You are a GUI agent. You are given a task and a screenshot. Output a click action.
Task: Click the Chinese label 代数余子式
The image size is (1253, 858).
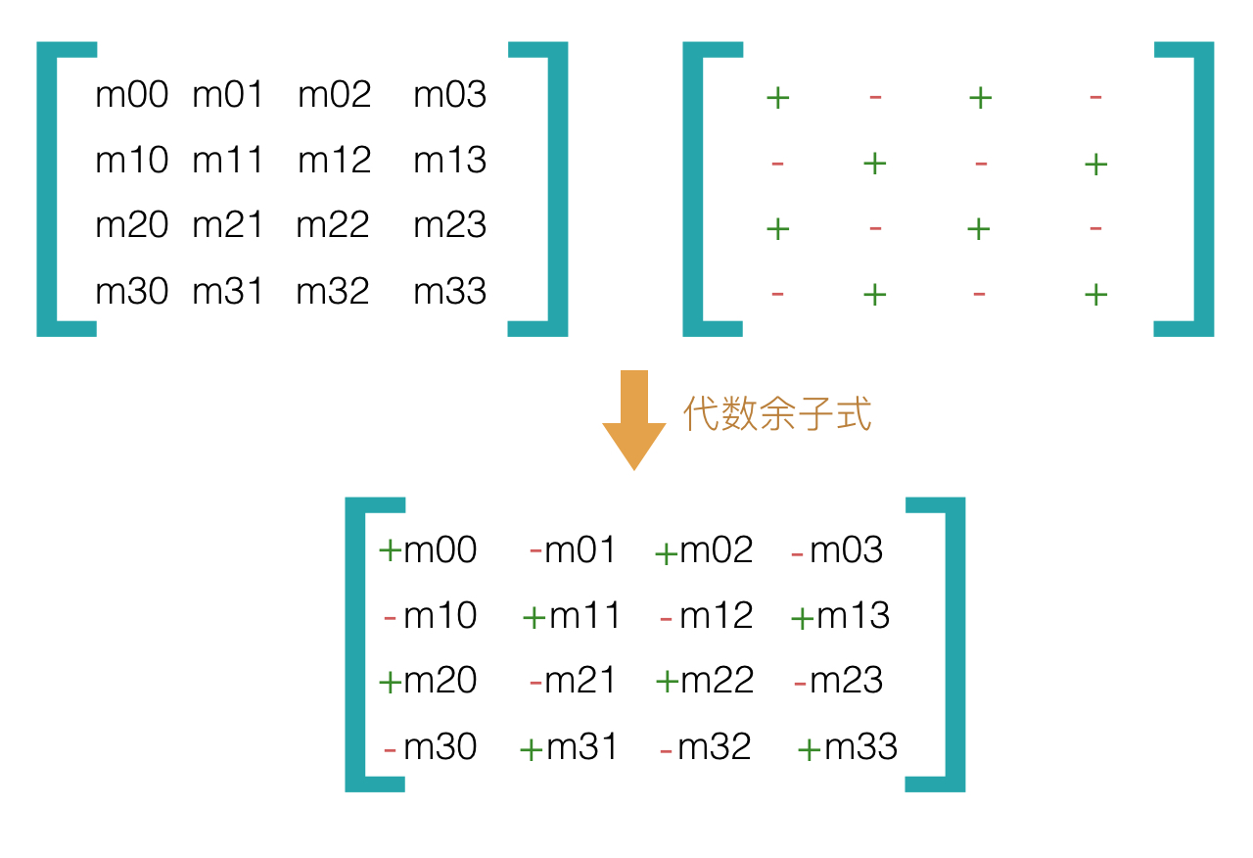click(x=776, y=414)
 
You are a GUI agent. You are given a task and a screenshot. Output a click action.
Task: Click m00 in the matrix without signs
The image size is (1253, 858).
click(x=131, y=95)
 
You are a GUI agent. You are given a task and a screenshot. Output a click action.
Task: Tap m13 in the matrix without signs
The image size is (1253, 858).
click(x=449, y=160)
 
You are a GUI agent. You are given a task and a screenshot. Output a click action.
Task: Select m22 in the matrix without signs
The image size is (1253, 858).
click(x=333, y=225)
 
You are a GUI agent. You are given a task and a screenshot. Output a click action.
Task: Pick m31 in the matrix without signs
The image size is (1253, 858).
click(x=228, y=291)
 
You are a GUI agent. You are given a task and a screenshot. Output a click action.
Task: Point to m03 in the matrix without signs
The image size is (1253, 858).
click(x=449, y=95)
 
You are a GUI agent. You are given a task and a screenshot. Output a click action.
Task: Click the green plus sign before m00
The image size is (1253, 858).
click(x=390, y=550)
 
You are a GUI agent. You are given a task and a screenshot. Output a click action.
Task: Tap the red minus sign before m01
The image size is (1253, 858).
click(x=535, y=550)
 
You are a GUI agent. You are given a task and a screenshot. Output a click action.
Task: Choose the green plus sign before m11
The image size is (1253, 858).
click(x=534, y=618)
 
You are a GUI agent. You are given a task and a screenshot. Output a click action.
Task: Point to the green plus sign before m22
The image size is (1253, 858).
click(x=667, y=682)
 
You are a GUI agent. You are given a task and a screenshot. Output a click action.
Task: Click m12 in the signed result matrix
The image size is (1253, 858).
click(x=716, y=615)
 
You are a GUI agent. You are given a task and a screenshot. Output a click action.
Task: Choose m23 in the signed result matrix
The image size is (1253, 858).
click(x=847, y=680)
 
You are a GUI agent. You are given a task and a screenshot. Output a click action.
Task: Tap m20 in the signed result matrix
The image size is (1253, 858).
click(x=440, y=680)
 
